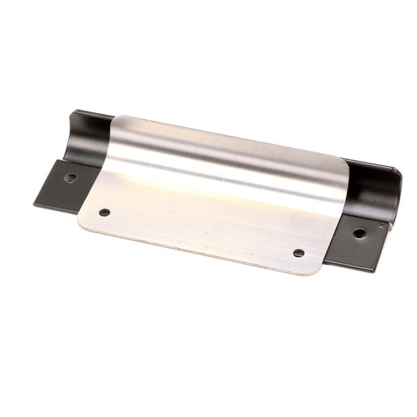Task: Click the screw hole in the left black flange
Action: click(x=70, y=178)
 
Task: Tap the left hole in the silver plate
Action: click(x=104, y=213)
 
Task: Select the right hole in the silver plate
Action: click(x=299, y=253)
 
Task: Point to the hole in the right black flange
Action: click(x=360, y=233)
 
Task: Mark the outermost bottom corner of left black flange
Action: click(x=35, y=203)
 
